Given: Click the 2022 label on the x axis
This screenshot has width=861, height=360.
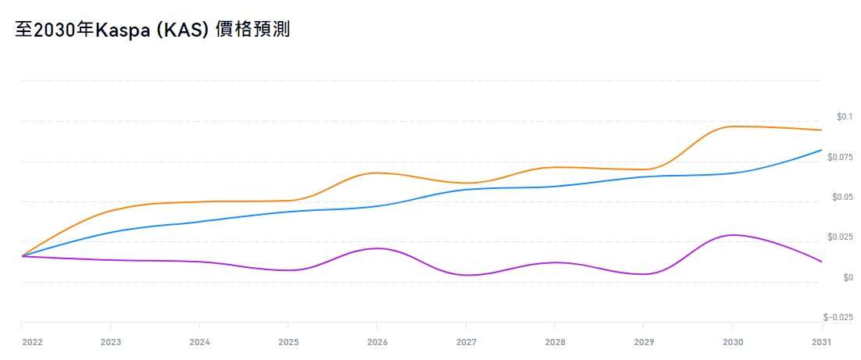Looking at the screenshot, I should [x=32, y=342].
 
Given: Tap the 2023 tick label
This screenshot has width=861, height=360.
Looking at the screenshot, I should [x=111, y=342].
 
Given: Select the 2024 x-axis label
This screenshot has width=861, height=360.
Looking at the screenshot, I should [x=199, y=342].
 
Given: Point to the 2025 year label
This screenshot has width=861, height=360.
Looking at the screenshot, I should [x=288, y=342].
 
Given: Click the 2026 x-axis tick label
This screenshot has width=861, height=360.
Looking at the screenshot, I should [x=377, y=342].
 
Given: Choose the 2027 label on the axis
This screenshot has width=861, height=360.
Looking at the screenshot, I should [x=466, y=342].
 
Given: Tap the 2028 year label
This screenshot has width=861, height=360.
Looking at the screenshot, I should [x=555, y=342].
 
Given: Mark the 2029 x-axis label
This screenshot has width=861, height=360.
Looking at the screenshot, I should [x=643, y=342].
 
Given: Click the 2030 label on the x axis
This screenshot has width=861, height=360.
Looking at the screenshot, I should [x=732, y=342].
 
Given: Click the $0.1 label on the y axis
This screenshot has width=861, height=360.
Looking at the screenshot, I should [x=844, y=117].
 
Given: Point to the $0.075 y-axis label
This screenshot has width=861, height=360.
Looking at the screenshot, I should [x=841, y=157].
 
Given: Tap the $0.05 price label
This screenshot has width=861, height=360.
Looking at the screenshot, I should [x=842, y=198].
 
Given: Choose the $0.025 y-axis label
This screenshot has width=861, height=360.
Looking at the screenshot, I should [x=841, y=237].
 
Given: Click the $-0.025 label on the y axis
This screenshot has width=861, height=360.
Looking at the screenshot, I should [x=838, y=317].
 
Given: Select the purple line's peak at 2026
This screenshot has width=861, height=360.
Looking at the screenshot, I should [x=377, y=248].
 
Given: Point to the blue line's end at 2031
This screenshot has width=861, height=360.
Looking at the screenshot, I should [x=821, y=150].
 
